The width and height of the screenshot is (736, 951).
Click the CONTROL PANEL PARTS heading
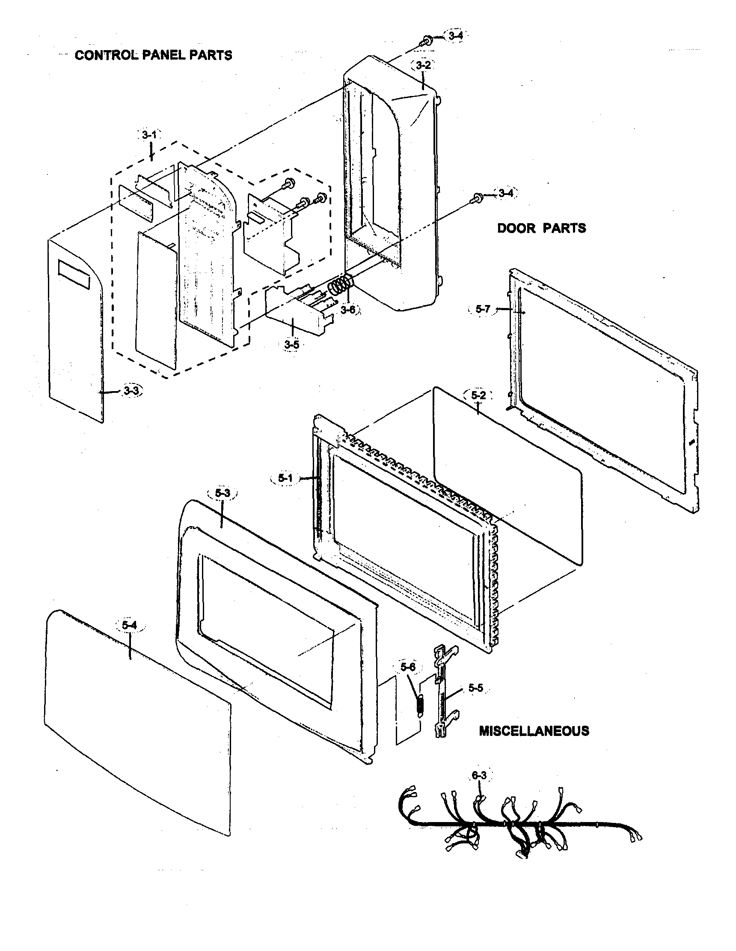[153, 55]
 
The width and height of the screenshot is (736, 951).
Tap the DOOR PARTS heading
[541, 228]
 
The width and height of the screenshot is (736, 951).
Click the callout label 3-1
[149, 135]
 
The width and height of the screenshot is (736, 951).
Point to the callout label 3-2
[423, 65]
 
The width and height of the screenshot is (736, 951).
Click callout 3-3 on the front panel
[131, 391]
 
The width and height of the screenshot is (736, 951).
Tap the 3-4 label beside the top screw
[455, 36]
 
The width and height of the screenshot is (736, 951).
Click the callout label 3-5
[291, 344]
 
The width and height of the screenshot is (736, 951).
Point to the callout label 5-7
[482, 309]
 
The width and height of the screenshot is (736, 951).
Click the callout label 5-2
[478, 395]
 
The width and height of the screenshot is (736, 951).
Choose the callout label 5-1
[286, 478]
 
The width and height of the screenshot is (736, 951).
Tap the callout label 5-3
[222, 493]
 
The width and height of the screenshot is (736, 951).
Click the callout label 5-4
[129, 625]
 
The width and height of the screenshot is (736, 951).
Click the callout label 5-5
[475, 688]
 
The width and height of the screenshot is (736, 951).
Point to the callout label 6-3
[478, 775]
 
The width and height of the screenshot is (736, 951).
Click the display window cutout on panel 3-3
[74, 275]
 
